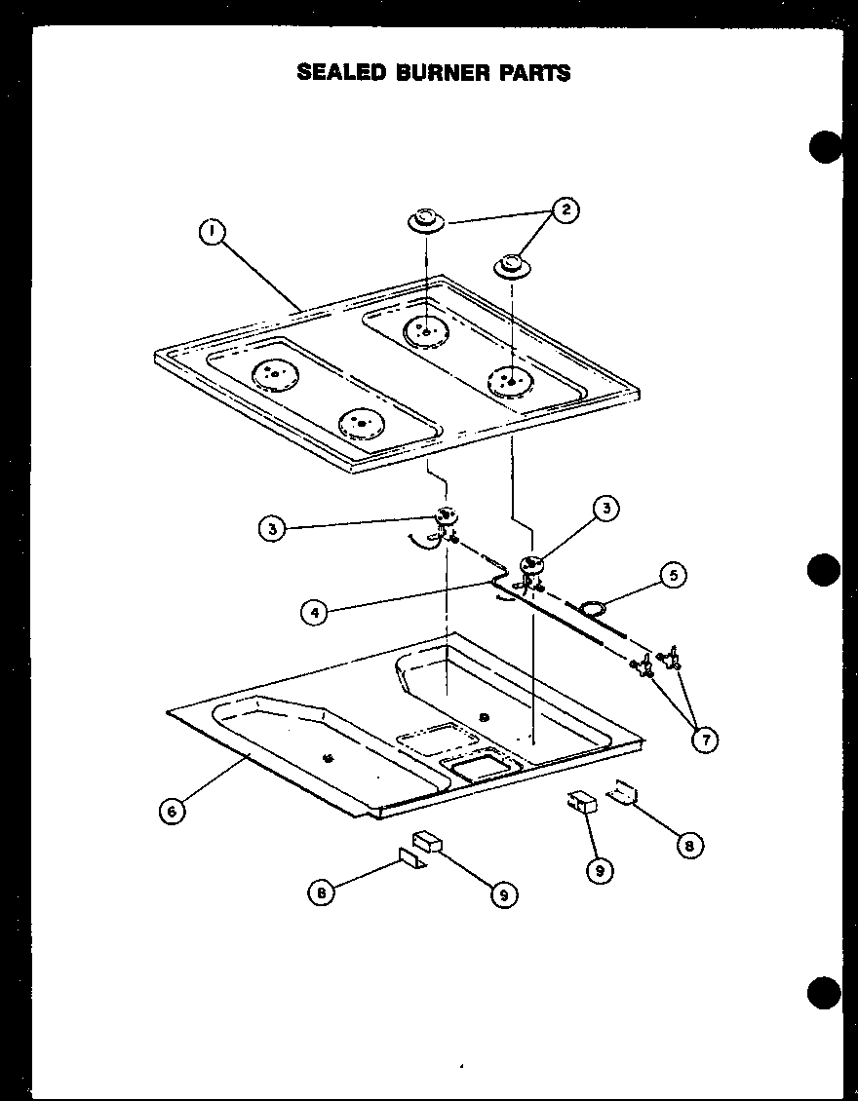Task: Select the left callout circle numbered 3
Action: [x=273, y=528]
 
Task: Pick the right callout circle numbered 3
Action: [x=607, y=507]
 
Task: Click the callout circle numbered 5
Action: [x=672, y=575]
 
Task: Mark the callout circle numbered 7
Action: [x=704, y=740]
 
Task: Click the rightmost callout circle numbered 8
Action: [x=688, y=845]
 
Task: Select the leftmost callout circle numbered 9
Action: [x=504, y=893]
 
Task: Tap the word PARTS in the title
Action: [x=535, y=72]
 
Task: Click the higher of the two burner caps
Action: [x=426, y=220]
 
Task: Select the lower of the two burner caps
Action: [x=512, y=265]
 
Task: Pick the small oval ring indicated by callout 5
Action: [x=592, y=609]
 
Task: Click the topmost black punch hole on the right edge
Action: [x=825, y=147]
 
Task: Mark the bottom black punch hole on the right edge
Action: [x=825, y=994]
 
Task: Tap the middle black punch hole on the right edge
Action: [x=825, y=570]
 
